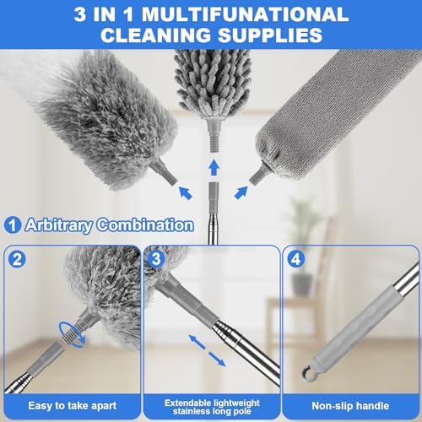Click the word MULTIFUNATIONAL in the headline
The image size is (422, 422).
click(245, 14)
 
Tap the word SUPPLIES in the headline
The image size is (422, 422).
click(270, 35)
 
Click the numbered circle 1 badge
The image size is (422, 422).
click(13, 225)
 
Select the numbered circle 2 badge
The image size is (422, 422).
click(17, 259)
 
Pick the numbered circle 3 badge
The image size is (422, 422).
click(156, 259)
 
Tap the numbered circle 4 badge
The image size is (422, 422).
click(296, 259)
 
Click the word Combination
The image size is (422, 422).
click(145, 225)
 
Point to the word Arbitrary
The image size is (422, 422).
click(59, 225)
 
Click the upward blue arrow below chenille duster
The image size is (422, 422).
click(214, 168)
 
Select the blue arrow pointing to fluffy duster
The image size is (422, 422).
click(186, 193)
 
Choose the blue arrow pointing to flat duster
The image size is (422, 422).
click(241, 193)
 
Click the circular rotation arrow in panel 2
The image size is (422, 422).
click(72, 334)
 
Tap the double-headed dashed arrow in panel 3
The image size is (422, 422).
click(207, 350)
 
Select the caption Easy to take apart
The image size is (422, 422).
click(73, 406)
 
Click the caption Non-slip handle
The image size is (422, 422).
click(350, 406)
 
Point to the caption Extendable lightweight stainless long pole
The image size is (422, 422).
click(212, 407)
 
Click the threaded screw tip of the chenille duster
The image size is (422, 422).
click(214, 143)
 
